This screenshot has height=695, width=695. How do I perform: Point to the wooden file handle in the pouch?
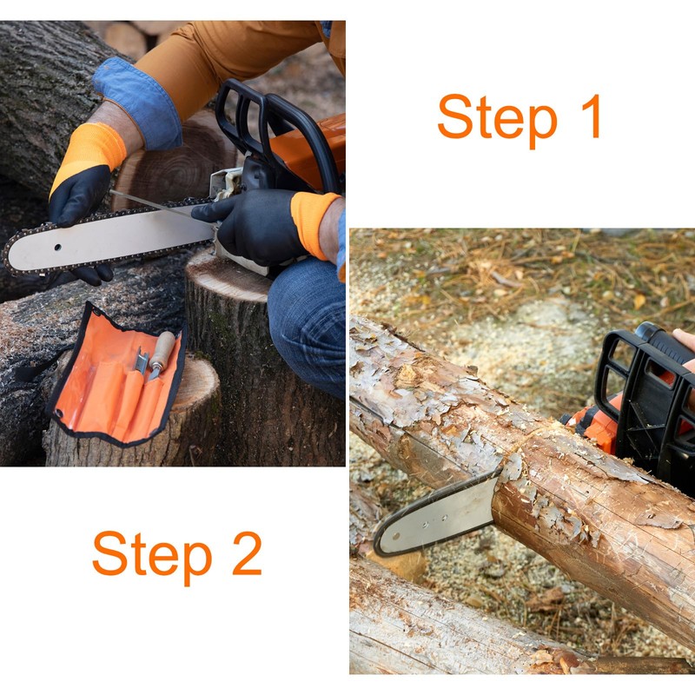(x=162, y=348)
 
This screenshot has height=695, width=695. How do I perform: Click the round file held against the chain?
(x=161, y=204)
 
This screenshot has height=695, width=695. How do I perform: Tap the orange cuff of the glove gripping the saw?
(x=313, y=224)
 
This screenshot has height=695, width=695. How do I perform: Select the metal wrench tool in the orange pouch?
(x=142, y=361)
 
